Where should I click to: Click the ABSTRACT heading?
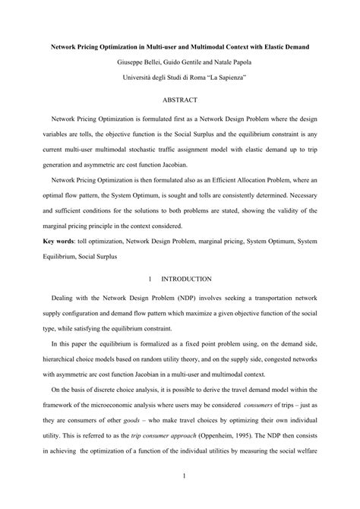coord(179,100)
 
